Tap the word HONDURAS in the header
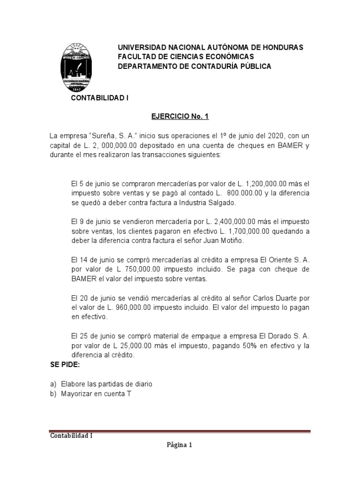pos(280,47)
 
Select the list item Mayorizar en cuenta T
pos(96,394)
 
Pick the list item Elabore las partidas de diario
pos(106,384)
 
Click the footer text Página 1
pos(180,446)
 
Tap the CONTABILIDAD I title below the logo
pos(99,98)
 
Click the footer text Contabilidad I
pos(71,436)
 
